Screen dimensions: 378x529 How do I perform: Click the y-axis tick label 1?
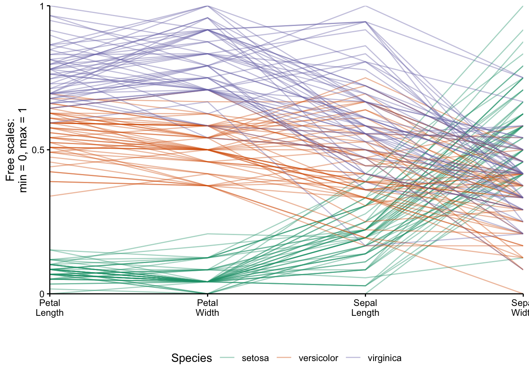point(43,6)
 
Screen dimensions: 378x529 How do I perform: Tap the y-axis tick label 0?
point(43,294)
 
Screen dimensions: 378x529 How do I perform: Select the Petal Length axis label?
point(50,308)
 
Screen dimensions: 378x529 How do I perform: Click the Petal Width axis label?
point(207,308)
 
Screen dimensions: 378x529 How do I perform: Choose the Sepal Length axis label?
point(365,308)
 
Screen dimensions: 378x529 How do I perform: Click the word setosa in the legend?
point(255,358)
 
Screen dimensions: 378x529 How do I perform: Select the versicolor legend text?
point(318,358)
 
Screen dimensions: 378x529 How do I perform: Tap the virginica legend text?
point(385,358)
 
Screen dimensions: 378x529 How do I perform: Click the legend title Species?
point(191,358)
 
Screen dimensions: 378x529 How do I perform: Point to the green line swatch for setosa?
point(227,358)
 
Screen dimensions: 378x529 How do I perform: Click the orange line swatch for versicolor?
point(284,358)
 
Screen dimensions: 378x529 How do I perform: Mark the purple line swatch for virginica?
point(353,358)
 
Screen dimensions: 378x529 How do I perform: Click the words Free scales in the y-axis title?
point(11,150)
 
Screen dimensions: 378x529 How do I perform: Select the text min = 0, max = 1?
point(23,150)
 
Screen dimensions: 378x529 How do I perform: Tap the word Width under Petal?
point(207,313)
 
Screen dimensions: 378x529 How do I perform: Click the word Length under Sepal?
point(365,313)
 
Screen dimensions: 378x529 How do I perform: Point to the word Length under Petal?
point(50,313)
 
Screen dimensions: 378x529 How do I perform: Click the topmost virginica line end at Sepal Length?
point(366,6)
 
